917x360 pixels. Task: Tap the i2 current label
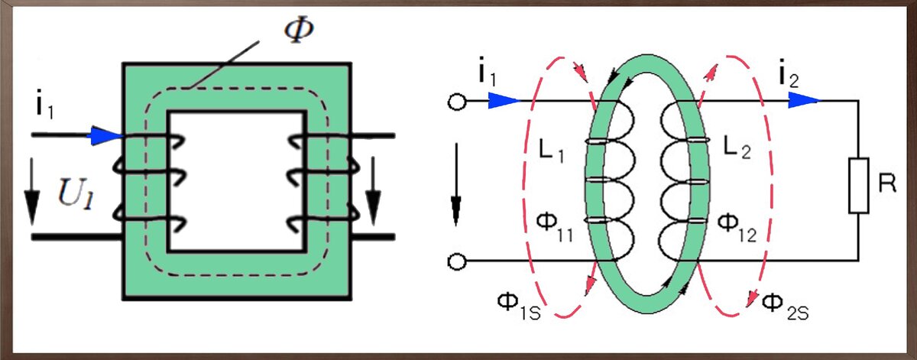point(789,74)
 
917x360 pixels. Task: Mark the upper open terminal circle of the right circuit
point(457,102)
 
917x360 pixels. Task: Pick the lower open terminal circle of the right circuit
point(457,262)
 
